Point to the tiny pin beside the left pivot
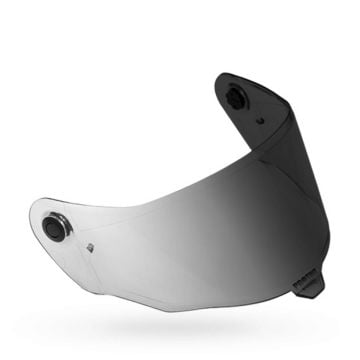coord(90,247)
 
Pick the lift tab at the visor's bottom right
coord(313,279)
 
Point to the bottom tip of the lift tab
coord(318,294)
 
